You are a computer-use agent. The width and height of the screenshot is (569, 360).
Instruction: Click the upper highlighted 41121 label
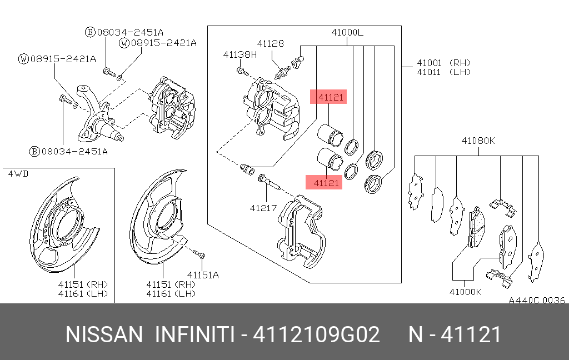click(x=328, y=97)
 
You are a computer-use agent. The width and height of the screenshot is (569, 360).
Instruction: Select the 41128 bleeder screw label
click(x=270, y=43)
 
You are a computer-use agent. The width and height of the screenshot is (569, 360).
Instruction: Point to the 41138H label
click(x=240, y=54)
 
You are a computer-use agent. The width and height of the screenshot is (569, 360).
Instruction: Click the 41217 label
click(x=263, y=208)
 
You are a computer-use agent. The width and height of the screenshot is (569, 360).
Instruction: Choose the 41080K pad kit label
click(x=477, y=141)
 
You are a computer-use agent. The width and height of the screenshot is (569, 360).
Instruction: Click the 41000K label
click(x=466, y=291)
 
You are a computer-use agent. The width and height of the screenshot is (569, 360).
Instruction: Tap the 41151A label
click(x=203, y=274)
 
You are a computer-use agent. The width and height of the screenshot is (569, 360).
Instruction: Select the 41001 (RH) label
click(x=443, y=63)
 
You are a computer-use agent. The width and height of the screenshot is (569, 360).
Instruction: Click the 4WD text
click(x=18, y=174)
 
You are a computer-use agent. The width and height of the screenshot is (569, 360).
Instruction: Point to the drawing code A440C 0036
click(x=537, y=300)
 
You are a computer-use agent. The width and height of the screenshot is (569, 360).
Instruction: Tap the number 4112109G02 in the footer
click(x=317, y=335)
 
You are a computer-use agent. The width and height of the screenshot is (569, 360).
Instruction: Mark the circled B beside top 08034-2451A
click(x=89, y=32)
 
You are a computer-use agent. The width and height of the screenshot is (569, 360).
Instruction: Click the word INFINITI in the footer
click(x=193, y=335)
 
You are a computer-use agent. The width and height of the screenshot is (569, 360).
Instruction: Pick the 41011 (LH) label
click(x=443, y=72)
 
